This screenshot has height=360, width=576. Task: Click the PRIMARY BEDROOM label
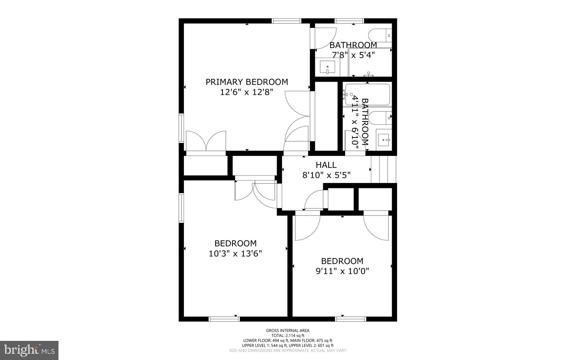[247, 82]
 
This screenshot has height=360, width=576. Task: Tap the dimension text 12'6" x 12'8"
[247, 92]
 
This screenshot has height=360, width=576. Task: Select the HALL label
[326, 165]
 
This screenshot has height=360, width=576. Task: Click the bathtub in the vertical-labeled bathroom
[367, 95]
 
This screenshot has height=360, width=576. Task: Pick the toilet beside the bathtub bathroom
[380, 118]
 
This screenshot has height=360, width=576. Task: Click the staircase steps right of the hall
[383, 169]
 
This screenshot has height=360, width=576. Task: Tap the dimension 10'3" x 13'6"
[235, 254]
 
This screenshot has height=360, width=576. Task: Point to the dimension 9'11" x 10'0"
[342, 271]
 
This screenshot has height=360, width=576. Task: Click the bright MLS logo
[29, 350]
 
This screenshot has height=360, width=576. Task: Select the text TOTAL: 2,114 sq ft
[288, 336]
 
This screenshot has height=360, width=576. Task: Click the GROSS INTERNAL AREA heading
[288, 330]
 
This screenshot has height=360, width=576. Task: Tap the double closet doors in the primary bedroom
[206, 141]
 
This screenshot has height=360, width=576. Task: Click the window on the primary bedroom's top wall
[286, 21]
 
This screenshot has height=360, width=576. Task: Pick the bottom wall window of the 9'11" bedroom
[350, 319]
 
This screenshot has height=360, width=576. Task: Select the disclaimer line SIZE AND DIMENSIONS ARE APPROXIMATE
[288, 350]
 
